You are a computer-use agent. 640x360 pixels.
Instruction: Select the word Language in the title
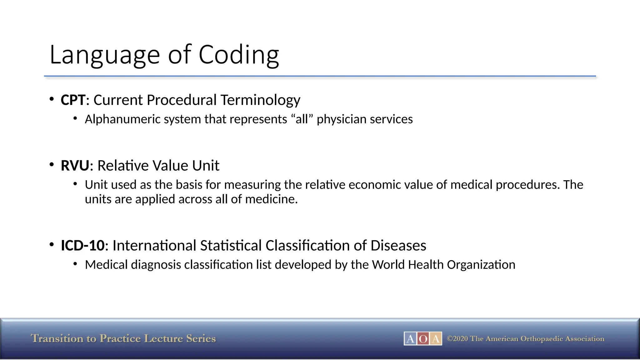[x=105, y=55]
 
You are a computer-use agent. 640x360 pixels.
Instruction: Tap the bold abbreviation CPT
[x=73, y=100]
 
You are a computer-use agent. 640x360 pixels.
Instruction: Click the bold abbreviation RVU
[x=75, y=166]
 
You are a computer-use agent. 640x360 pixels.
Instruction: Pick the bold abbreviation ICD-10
[x=82, y=246]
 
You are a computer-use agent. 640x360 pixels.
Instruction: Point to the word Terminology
[x=260, y=100]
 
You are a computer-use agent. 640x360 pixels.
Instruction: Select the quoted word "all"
[x=302, y=119]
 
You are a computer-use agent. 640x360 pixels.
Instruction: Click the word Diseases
[x=398, y=246]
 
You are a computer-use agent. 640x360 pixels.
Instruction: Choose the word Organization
[x=481, y=265]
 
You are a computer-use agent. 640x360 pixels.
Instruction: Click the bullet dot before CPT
[x=52, y=99]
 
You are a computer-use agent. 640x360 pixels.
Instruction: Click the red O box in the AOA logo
[x=423, y=339]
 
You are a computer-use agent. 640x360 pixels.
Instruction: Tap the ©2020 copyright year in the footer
[x=457, y=339]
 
